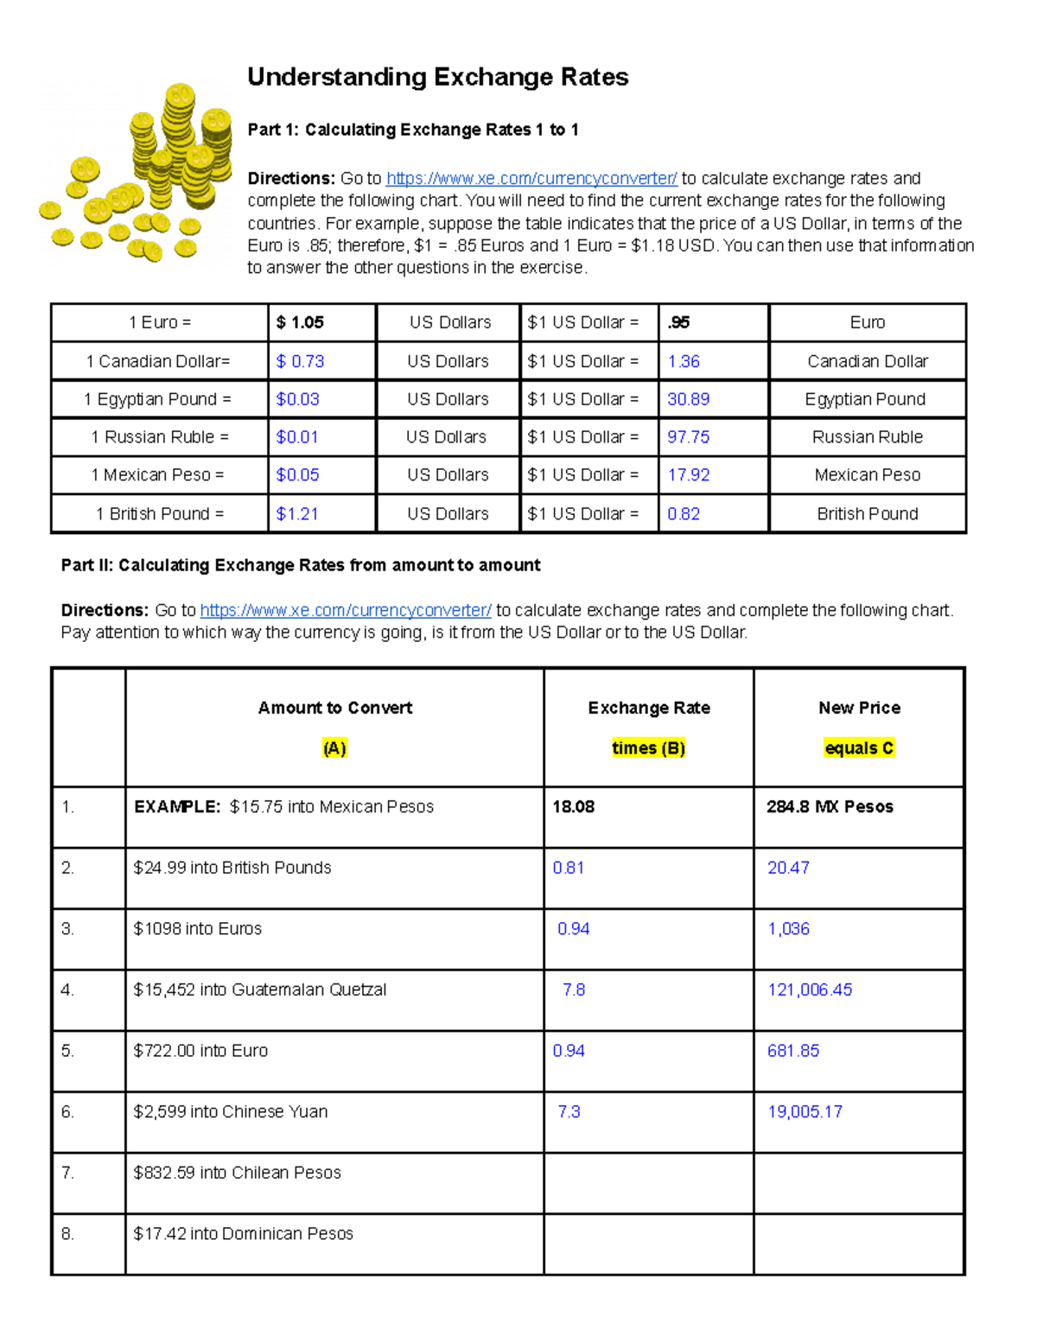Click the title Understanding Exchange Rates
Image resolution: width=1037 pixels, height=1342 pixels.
pos(437,77)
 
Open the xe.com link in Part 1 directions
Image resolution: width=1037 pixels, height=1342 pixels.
pos(531,179)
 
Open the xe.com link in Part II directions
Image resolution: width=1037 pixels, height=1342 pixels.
pos(346,610)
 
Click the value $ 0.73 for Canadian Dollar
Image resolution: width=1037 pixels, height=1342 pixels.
pos(300,361)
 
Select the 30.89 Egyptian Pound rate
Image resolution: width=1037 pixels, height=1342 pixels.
pos(688,399)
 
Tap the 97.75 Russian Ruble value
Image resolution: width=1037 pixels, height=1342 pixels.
pos(688,437)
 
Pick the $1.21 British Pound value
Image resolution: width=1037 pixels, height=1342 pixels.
pos(297,514)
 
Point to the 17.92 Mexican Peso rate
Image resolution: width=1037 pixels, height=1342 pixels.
pos(688,475)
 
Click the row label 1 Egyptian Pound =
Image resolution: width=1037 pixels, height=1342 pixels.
pos(158,399)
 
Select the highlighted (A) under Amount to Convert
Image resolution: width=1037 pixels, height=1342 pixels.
pos(334,748)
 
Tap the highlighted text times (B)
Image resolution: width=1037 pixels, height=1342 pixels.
pos(648,748)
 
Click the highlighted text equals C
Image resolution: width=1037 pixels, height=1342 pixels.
pos(859,748)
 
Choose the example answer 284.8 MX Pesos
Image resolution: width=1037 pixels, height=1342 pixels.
pos(830,807)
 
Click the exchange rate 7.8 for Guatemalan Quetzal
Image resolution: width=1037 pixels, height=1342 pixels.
pos(574,989)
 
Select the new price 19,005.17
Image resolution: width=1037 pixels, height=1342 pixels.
pos(805,1112)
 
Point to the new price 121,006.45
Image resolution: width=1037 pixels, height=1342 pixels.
pos(810,989)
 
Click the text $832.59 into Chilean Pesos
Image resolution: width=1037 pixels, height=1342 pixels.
pos(237,1173)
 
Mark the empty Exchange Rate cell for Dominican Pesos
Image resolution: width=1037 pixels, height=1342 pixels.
pos(648,1243)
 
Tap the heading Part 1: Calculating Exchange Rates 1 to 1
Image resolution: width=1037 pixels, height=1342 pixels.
pos(413,130)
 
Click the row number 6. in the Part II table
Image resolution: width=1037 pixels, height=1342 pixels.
pos(68,1112)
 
